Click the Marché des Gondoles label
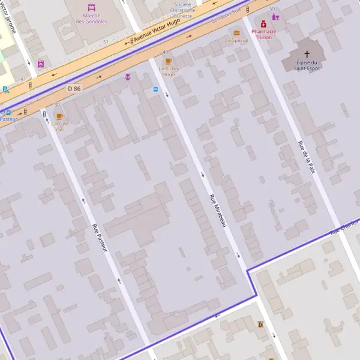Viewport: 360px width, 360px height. pyautogui.click(x=92, y=19)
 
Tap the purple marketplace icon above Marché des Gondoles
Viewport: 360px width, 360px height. pyautogui.click(x=92, y=8)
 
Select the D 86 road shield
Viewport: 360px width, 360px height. pyautogui.click(x=74, y=89)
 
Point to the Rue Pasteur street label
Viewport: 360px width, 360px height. pyautogui.click(x=100, y=238)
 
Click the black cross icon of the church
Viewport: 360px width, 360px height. pyautogui.click(x=307, y=54)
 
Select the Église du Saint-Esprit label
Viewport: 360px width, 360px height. pyautogui.click(x=307, y=65)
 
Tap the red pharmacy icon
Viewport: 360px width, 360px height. pyautogui.click(x=263, y=23)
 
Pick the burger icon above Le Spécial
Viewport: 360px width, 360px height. pyautogui.click(x=237, y=32)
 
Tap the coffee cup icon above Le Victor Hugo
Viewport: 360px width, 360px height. pyautogui.click(x=169, y=61)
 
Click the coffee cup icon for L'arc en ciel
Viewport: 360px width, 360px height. pyautogui.click(x=59, y=116)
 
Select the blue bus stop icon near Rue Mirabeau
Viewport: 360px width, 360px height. pyautogui.click(x=156, y=89)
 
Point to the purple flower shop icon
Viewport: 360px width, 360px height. pyautogui.click(x=128, y=77)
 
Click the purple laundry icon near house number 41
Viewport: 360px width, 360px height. pyautogui.click(x=40, y=64)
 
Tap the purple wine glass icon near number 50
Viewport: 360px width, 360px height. pyautogui.click(x=275, y=17)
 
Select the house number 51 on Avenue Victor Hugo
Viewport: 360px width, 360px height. pyautogui.click(x=106, y=41)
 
